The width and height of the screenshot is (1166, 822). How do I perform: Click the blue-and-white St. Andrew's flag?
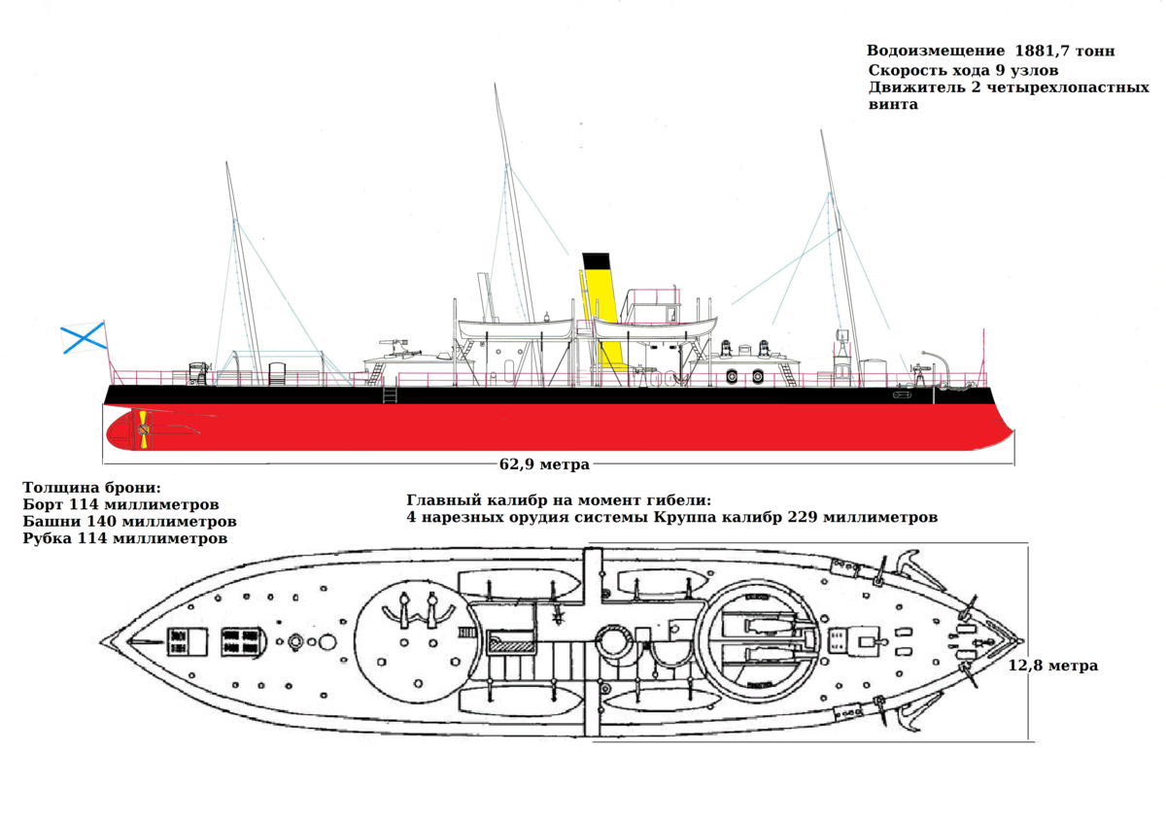pos(84,339)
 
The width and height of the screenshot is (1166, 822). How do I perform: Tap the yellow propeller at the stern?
pos(143,428)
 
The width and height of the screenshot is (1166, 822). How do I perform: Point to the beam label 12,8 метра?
pos(1053,666)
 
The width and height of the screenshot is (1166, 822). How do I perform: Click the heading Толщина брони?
pos(91,488)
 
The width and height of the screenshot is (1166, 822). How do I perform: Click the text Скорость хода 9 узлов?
pos(963,70)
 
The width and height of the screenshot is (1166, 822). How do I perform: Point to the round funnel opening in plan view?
pos(613,641)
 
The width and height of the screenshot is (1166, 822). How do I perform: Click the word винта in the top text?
pos(893,105)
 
